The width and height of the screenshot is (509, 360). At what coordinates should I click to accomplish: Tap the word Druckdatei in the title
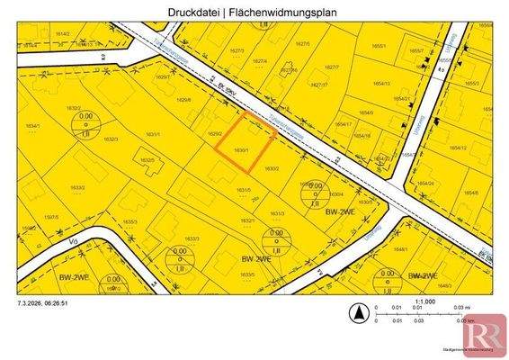point(195,13)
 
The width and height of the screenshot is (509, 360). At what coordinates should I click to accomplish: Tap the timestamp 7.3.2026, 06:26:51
point(43,304)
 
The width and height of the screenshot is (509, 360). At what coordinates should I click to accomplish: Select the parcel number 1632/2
point(62,108)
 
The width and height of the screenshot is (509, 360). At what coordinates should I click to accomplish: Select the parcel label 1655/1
point(379,45)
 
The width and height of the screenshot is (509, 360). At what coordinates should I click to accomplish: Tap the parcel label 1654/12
point(458,148)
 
